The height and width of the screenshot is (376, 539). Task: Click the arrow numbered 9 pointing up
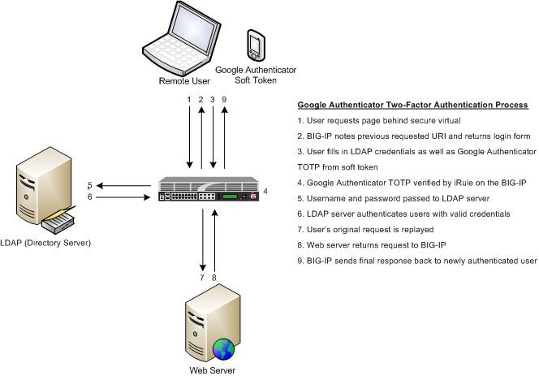(x=224, y=135)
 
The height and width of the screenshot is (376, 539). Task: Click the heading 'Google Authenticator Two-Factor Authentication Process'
(x=413, y=106)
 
